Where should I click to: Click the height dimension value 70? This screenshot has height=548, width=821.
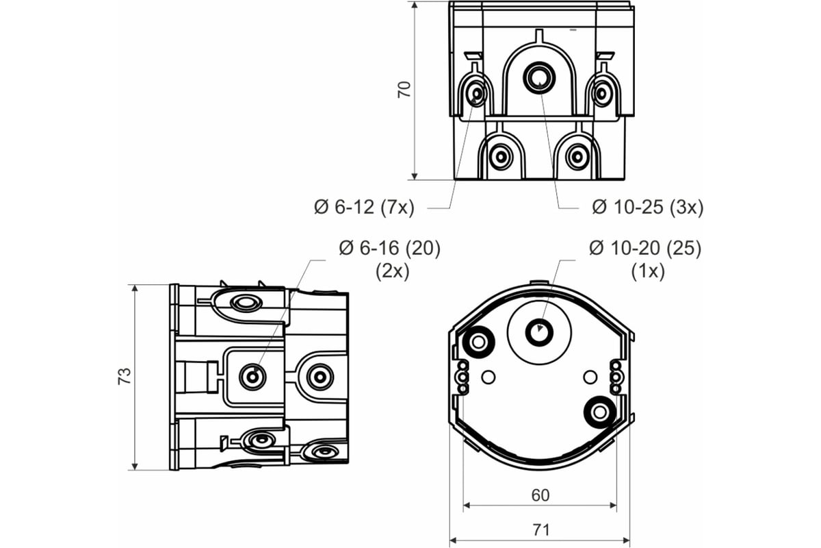(404, 89)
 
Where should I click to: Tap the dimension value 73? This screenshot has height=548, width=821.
(125, 376)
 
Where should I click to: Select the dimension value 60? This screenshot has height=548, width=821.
(540, 495)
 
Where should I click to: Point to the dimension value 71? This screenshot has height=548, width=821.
(541, 530)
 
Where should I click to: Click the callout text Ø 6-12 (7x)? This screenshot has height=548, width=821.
(364, 208)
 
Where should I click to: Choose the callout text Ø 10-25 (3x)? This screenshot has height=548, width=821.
(648, 208)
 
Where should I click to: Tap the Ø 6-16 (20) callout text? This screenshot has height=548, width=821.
(389, 249)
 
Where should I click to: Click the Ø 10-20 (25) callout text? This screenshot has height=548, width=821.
(645, 249)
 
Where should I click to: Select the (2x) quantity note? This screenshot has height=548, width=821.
(392, 272)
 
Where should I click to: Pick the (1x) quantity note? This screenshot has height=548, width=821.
(648, 272)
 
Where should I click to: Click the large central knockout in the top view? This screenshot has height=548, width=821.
(539, 78)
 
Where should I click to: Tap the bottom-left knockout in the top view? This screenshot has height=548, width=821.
(501, 157)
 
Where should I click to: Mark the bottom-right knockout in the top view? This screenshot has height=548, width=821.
(577, 157)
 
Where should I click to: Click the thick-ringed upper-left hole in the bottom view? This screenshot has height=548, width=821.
(478, 342)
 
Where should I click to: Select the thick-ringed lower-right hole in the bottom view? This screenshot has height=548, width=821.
(599, 412)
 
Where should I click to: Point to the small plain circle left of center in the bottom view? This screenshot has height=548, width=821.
(488, 377)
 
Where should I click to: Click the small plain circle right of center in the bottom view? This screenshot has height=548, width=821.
(590, 377)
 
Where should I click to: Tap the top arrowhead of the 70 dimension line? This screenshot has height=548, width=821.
(415, 4)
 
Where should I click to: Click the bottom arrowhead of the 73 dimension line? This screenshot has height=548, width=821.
(135, 466)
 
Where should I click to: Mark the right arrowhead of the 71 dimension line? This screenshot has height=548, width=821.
(626, 540)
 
